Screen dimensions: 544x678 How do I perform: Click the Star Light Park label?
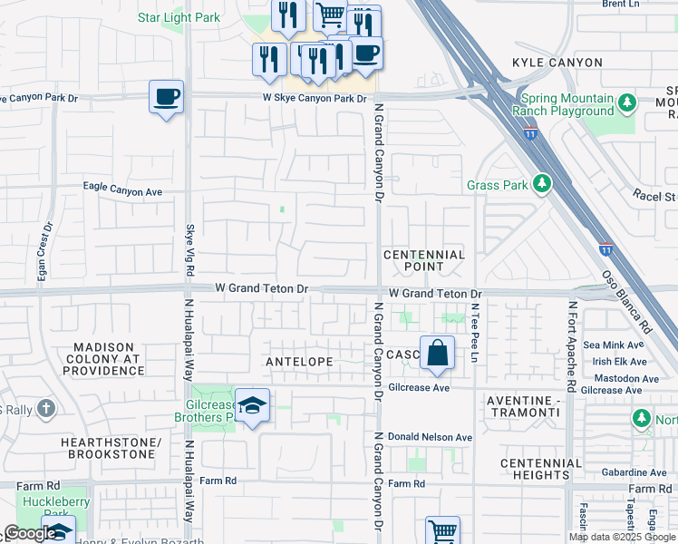click(x=179, y=17)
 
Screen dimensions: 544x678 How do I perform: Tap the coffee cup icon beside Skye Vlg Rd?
click(x=167, y=96)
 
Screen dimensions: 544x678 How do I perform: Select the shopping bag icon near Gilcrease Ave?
click(x=437, y=354)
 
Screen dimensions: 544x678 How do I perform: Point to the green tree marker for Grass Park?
click(x=542, y=184)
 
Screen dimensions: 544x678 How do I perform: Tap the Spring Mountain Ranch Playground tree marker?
click(x=626, y=104)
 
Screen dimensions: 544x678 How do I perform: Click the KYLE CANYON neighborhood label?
click(x=557, y=63)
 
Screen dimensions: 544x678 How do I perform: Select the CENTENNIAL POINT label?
click(x=423, y=260)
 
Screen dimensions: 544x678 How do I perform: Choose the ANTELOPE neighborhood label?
click(x=299, y=361)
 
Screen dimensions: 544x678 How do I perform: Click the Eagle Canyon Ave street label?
click(x=122, y=190)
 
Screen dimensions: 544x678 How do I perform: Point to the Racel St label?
click(x=655, y=195)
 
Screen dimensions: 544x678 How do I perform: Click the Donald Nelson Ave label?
click(x=431, y=437)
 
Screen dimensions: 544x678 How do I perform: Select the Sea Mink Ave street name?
click(x=614, y=345)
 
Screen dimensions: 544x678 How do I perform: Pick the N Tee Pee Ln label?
click(x=473, y=331)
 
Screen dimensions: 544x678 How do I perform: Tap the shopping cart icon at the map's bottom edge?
click(x=442, y=530)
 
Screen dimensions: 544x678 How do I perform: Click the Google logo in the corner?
click(x=30, y=533)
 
